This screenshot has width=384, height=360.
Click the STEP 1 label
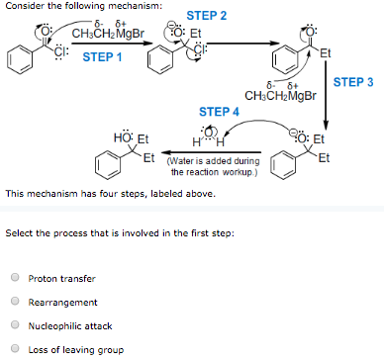(103, 56)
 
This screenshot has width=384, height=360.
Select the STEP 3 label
(354, 83)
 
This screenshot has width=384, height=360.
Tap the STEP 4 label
(219, 112)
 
